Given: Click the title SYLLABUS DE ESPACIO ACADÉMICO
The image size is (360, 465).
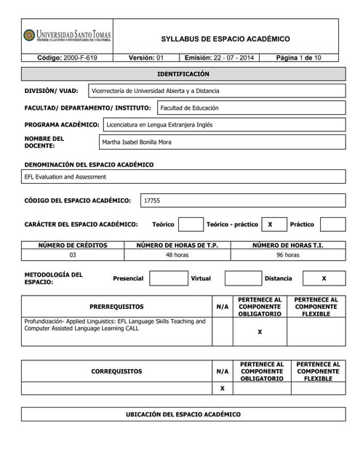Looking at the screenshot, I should [225, 39].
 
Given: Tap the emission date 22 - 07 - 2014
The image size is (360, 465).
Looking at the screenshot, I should [219, 57].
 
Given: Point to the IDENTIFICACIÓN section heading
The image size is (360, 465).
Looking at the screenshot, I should [183, 74].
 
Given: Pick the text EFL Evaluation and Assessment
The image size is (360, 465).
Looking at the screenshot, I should [65, 177].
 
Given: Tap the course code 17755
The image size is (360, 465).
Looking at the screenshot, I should [153, 200].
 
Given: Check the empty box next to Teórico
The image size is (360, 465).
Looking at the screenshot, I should [191, 225].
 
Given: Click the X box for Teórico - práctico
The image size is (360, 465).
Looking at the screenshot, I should [271, 225].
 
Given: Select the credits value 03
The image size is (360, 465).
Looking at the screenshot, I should [73, 255].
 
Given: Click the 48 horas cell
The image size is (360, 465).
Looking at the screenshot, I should [177, 255].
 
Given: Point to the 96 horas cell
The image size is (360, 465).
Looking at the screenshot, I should [288, 255].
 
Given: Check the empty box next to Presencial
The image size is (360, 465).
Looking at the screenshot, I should [169, 278].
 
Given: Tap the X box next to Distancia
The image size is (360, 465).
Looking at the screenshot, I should [324, 278].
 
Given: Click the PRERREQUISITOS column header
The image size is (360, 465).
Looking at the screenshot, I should [116, 307].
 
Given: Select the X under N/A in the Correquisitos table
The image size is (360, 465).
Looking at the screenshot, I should [222, 389].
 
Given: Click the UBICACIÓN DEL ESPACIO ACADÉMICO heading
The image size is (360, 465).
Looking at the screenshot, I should [183, 414].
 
